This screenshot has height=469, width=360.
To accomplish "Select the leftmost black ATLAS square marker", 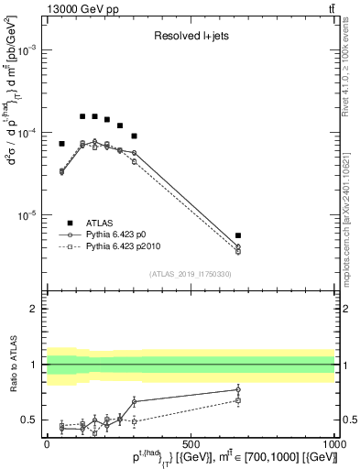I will pyautogui.click(x=61, y=144).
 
